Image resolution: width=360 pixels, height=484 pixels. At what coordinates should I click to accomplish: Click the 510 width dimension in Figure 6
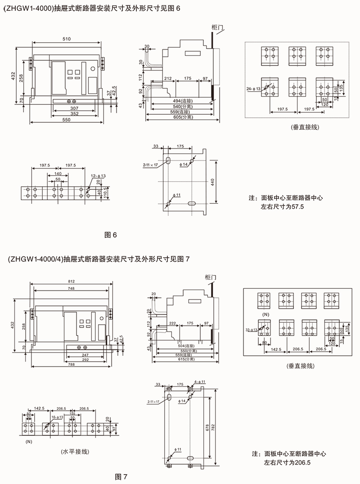(66, 40)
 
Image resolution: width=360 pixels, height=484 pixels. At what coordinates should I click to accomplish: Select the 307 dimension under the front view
(75, 108)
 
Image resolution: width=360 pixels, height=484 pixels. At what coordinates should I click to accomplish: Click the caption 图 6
(111, 234)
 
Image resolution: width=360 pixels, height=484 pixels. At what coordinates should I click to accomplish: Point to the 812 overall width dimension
(71, 281)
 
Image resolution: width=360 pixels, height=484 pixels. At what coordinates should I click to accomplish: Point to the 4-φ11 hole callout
(199, 382)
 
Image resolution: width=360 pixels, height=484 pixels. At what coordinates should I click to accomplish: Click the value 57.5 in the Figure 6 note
(298, 208)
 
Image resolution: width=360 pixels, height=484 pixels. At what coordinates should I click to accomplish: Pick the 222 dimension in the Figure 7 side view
(172, 323)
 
